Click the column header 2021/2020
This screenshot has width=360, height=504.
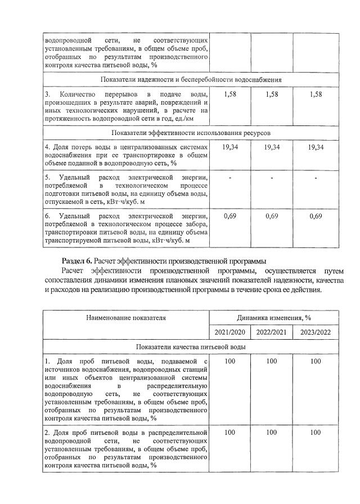click(229, 331)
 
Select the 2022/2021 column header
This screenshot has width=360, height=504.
click(272, 331)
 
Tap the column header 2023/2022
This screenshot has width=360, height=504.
click(316, 331)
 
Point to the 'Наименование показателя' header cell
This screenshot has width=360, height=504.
click(126, 317)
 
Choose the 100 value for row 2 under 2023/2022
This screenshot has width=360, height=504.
click(316, 433)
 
